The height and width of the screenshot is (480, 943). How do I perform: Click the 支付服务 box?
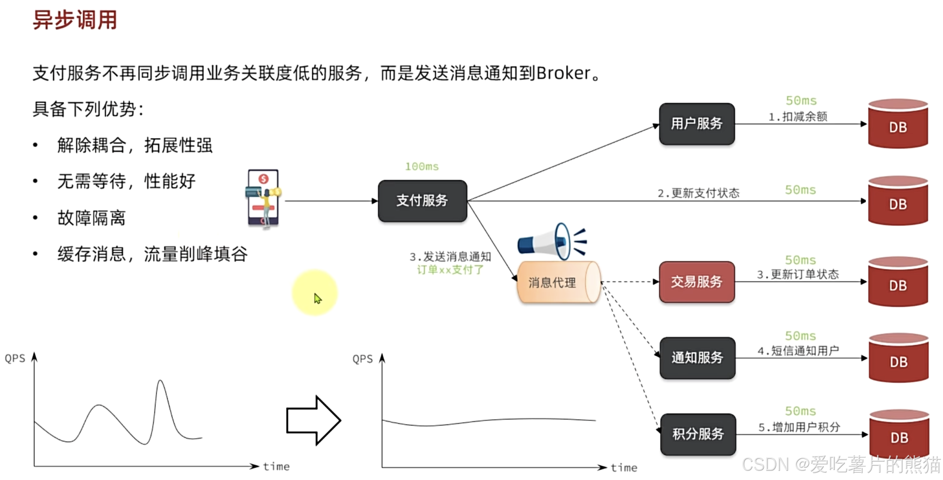(x=422, y=201)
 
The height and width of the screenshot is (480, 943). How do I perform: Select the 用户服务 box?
(x=696, y=124)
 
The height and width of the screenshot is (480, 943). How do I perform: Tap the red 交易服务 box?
(x=696, y=282)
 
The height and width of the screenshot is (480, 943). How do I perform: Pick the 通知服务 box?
(x=697, y=358)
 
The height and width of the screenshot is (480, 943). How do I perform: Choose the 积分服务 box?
(x=698, y=434)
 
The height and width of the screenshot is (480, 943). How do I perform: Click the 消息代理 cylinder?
(x=557, y=282)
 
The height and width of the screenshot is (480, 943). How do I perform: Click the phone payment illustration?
(x=263, y=199)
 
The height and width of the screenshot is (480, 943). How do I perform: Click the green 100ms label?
(x=422, y=166)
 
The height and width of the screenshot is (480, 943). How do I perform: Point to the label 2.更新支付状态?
(x=698, y=193)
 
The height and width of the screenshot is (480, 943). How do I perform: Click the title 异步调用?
(x=75, y=20)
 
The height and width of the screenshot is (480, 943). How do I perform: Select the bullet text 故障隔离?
(x=91, y=218)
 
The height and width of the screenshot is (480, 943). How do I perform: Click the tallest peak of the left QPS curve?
(x=160, y=381)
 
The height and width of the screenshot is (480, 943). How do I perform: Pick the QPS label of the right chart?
(x=362, y=359)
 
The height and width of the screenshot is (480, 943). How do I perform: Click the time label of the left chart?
(x=276, y=466)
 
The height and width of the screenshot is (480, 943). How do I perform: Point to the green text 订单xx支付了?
(x=450, y=270)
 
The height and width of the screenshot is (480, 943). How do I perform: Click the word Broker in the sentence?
(x=563, y=73)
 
